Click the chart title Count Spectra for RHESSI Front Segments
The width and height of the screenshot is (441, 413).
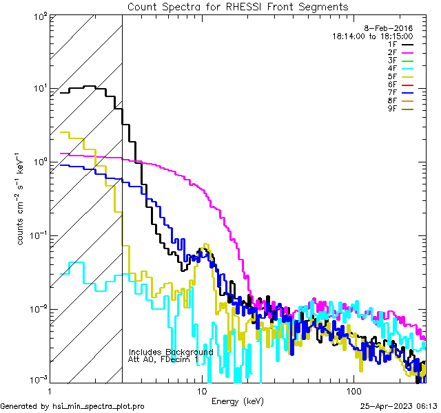[238, 6]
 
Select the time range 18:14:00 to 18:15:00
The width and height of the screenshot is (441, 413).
[372, 36]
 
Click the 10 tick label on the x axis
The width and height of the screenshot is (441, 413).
[202, 391]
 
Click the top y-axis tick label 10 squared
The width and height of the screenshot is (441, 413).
[39, 16]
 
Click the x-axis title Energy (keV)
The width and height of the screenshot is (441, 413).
[238, 401]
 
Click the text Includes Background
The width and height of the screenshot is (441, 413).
[171, 352]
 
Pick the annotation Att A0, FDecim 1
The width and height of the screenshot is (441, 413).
[164, 359]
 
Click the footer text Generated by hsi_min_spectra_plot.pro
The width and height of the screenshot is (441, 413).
[72, 406]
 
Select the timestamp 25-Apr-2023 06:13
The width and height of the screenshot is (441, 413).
[399, 406]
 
